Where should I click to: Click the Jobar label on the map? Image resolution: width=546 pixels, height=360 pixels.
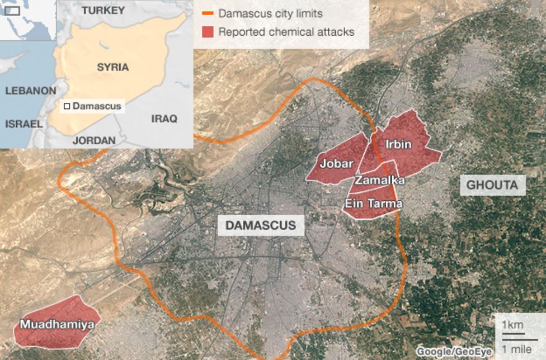(336, 164)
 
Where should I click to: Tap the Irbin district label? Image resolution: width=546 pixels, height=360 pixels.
(398, 145)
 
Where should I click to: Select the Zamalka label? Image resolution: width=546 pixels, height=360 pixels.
(379, 181)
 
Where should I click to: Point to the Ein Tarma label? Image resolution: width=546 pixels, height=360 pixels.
(374, 203)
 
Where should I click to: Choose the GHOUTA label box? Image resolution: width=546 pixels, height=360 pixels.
(492, 185)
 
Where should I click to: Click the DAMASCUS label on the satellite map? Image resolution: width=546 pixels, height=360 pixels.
(260, 225)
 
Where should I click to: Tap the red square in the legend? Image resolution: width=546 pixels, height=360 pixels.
(208, 32)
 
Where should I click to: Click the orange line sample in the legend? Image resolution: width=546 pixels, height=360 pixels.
(208, 13)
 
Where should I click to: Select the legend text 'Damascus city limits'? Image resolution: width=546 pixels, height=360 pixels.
(270, 13)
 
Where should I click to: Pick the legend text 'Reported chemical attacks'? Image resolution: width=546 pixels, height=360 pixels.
(286, 32)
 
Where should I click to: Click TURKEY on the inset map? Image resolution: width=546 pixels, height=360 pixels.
(103, 11)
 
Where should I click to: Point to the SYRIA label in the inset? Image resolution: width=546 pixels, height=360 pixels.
(112, 67)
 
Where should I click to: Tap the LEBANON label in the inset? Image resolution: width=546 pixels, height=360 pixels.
(30, 91)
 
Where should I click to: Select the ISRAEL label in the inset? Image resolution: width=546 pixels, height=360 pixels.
(23, 124)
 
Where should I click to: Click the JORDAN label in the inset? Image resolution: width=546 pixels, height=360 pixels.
(94, 140)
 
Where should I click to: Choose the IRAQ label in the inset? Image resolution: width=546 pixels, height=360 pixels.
(164, 119)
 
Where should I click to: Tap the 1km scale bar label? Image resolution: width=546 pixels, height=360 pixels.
(512, 325)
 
